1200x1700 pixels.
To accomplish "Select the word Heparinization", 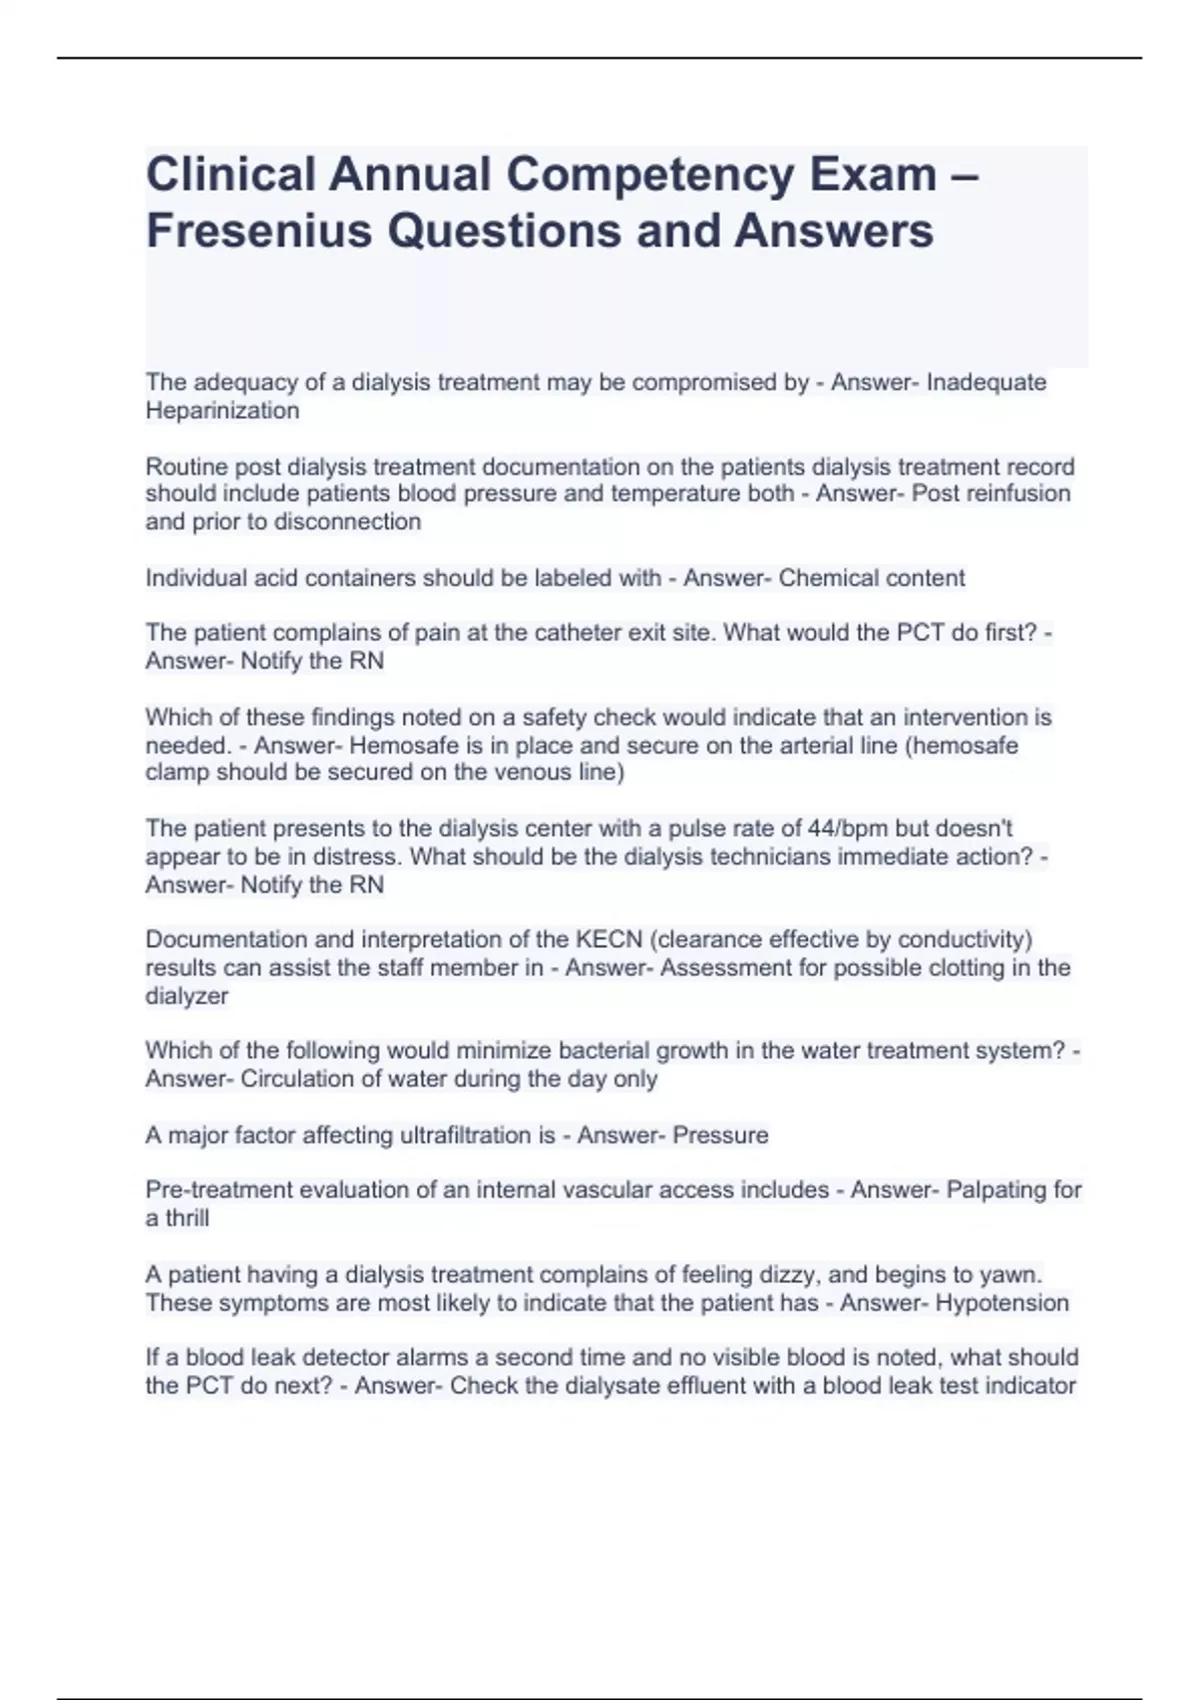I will click(222, 411).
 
